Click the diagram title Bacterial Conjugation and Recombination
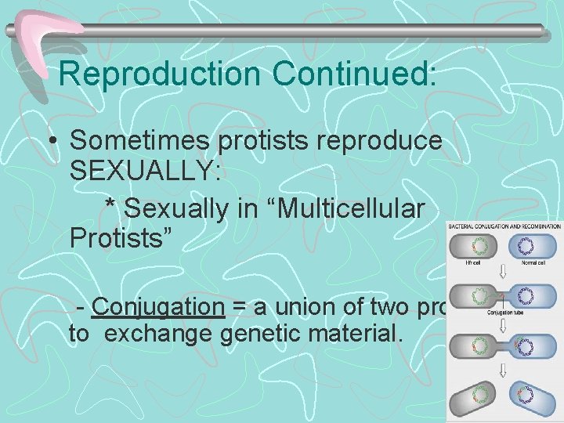504,227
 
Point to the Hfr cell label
475,266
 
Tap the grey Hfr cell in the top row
475,247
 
